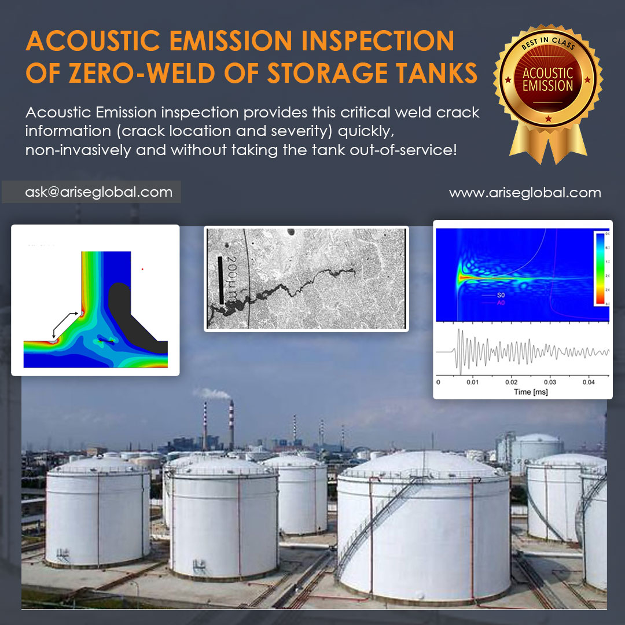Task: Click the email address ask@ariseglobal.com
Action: (98, 192)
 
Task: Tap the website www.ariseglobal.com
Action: (525, 193)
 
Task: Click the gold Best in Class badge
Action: (547, 87)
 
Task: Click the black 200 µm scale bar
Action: (220, 280)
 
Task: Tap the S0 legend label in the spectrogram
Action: (502, 296)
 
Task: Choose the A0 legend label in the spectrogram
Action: (502, 303)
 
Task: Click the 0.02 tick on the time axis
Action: (512, 382)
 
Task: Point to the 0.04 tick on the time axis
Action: (589, 382)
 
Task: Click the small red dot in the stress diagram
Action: (142, 269)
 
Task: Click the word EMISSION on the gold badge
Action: (547, 86)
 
